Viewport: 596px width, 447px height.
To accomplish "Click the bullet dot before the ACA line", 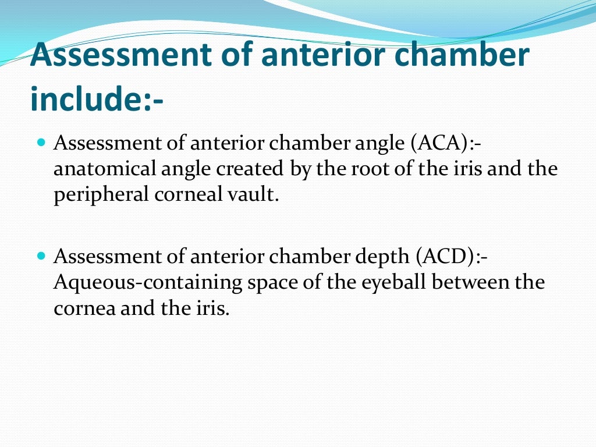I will [41, 142].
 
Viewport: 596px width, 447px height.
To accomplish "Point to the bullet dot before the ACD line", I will [41, 256].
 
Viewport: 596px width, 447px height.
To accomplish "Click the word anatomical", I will [104, 169].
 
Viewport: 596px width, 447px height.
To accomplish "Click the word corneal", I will [188, 195].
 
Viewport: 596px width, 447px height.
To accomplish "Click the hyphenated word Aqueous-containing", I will [149, 282].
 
